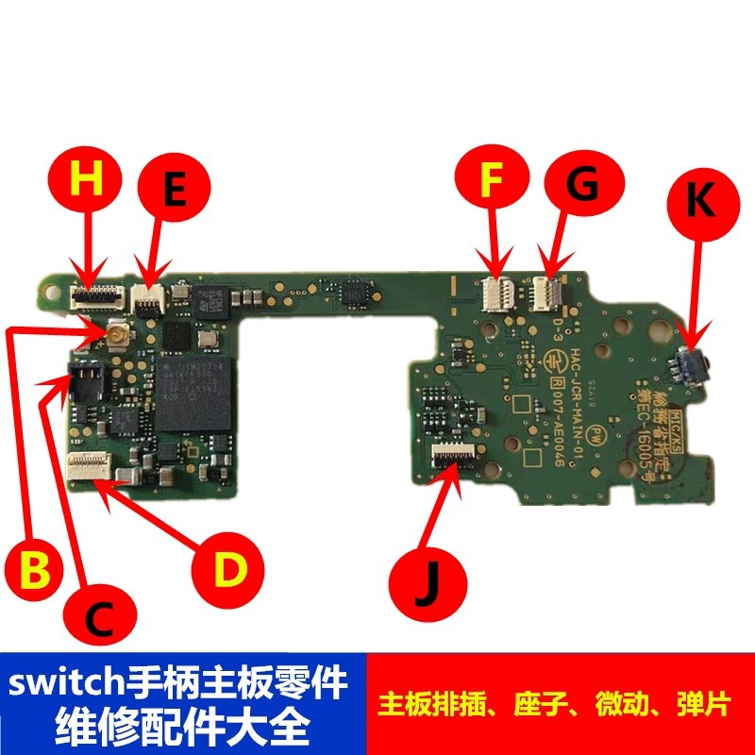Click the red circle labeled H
86,181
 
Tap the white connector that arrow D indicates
93,463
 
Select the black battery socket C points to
83,380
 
